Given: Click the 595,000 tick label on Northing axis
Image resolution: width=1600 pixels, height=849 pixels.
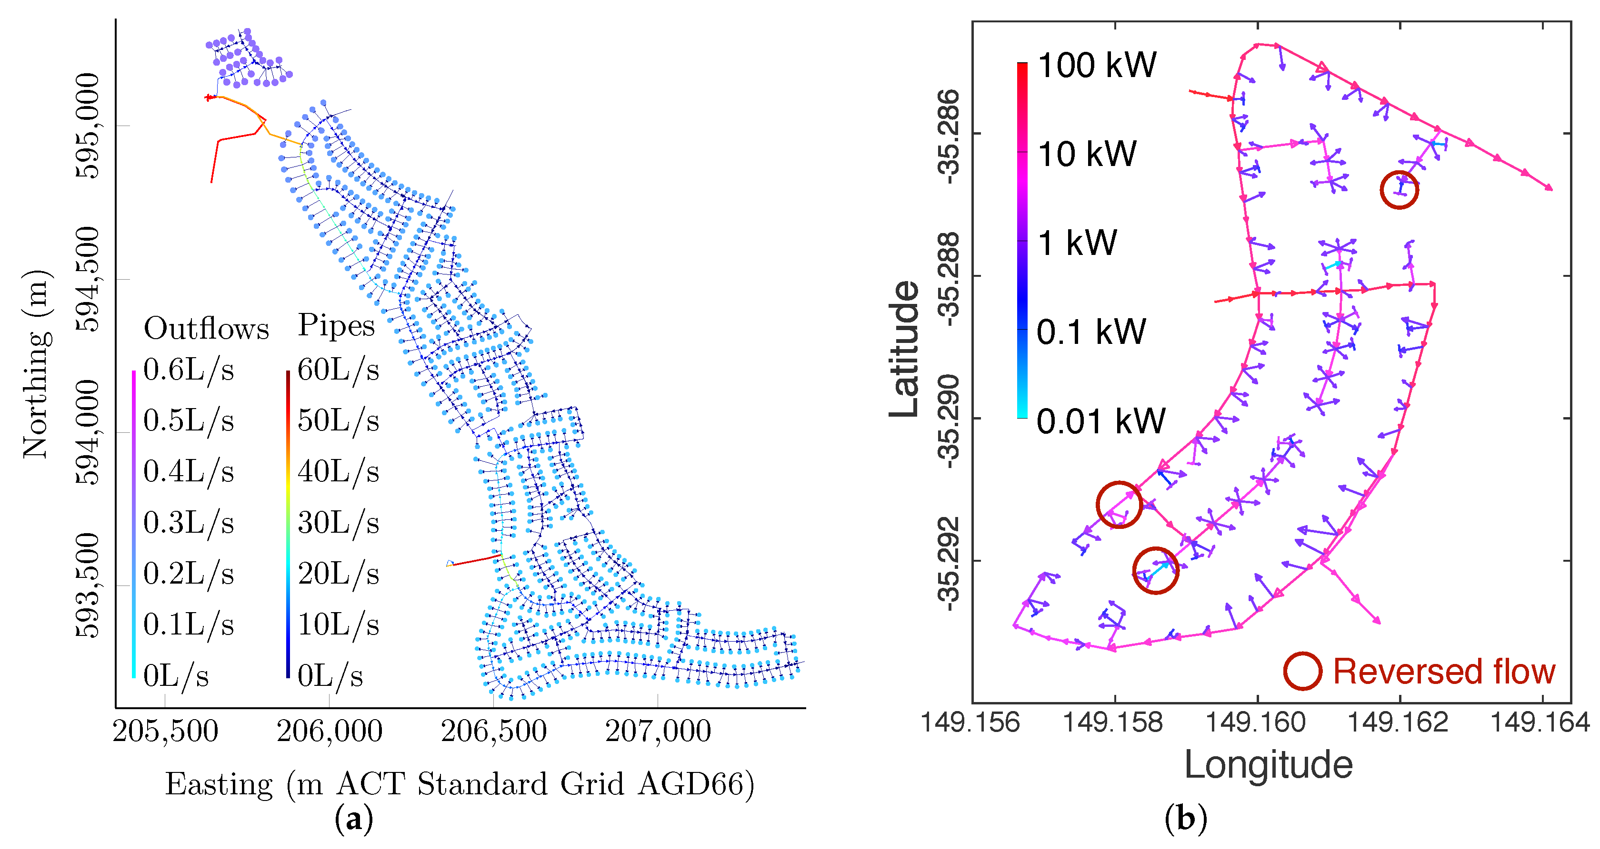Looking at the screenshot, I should coord(87,126).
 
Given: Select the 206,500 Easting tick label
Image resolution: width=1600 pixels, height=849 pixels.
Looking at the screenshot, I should coord(494,731).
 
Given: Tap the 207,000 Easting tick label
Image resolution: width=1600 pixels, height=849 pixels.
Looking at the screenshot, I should coord(658,731).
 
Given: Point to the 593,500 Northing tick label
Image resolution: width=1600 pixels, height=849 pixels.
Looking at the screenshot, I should coord(87,585).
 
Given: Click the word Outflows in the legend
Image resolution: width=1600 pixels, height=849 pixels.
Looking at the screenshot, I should coord(206,328).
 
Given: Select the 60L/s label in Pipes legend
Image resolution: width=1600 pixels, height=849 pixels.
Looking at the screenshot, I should coord(338,370).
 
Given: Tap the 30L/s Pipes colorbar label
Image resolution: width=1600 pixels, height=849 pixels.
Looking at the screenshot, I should coord(338,523).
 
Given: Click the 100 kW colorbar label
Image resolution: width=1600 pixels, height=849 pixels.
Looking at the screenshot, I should coord(1097,65).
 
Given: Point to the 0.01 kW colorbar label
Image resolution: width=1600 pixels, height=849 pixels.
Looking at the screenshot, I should coord(1100,421).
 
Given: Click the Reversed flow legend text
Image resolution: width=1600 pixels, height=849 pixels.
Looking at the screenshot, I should coord(1444,672).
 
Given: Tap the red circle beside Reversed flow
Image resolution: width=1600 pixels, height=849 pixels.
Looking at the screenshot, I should coord(1302,671).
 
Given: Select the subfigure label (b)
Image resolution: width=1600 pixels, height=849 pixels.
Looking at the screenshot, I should coord(1186,819).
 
